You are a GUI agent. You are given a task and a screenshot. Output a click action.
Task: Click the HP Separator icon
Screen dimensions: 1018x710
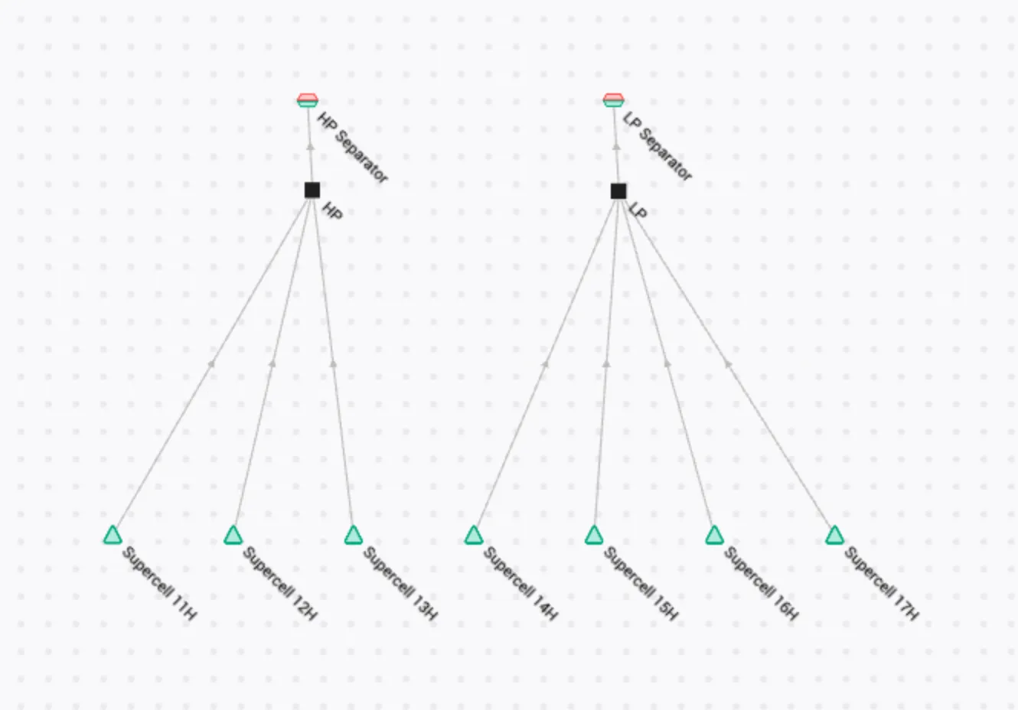click(x=308, y=100)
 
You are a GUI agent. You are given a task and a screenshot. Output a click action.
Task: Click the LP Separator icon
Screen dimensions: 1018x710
click(x=614, y=100)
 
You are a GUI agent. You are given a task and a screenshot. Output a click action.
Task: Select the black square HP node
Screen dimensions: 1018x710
click(x=312, y=191)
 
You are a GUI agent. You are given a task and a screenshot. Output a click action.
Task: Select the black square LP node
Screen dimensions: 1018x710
click(x=618, y=191)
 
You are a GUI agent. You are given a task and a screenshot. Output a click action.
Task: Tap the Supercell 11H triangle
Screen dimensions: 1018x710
click(x=113, y=536)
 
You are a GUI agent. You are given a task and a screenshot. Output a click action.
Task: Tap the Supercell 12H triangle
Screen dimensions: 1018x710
click(x=233, y=536)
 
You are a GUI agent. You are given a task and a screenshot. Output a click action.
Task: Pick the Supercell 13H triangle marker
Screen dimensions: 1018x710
click(x=354, y=536)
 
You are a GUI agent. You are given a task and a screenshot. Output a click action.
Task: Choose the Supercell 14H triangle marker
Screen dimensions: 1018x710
click(x=474, y=536)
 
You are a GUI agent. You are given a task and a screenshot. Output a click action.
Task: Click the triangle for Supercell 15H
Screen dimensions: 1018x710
click(x=594, y=536)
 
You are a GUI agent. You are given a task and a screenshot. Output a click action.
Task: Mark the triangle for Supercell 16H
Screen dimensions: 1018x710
click(x=714, y=536)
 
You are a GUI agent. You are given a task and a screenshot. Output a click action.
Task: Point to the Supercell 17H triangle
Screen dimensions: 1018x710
click(x=835, y=536)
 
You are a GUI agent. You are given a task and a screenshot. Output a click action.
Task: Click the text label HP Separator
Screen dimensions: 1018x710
click(x=353, y=147)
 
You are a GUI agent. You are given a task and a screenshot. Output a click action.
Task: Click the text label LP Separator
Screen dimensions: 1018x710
click(x=657, y=146)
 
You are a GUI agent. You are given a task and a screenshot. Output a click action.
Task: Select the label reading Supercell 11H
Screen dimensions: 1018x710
click(x=160, y=584)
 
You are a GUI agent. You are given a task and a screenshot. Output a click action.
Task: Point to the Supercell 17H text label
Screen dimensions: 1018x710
click(x=882, y=584)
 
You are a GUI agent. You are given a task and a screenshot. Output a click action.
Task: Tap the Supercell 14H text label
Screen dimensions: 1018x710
click(x=520, y=584)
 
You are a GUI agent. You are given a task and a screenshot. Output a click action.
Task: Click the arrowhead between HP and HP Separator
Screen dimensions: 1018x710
click(x=311, y=147)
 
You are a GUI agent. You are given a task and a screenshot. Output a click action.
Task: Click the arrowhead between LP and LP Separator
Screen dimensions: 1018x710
click(x=616, y=147)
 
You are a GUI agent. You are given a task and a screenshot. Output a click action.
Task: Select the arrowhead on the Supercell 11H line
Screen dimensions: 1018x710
click(x=211, y=363)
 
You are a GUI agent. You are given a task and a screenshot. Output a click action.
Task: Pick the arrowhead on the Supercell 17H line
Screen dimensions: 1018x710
click(x=728, y=363)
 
